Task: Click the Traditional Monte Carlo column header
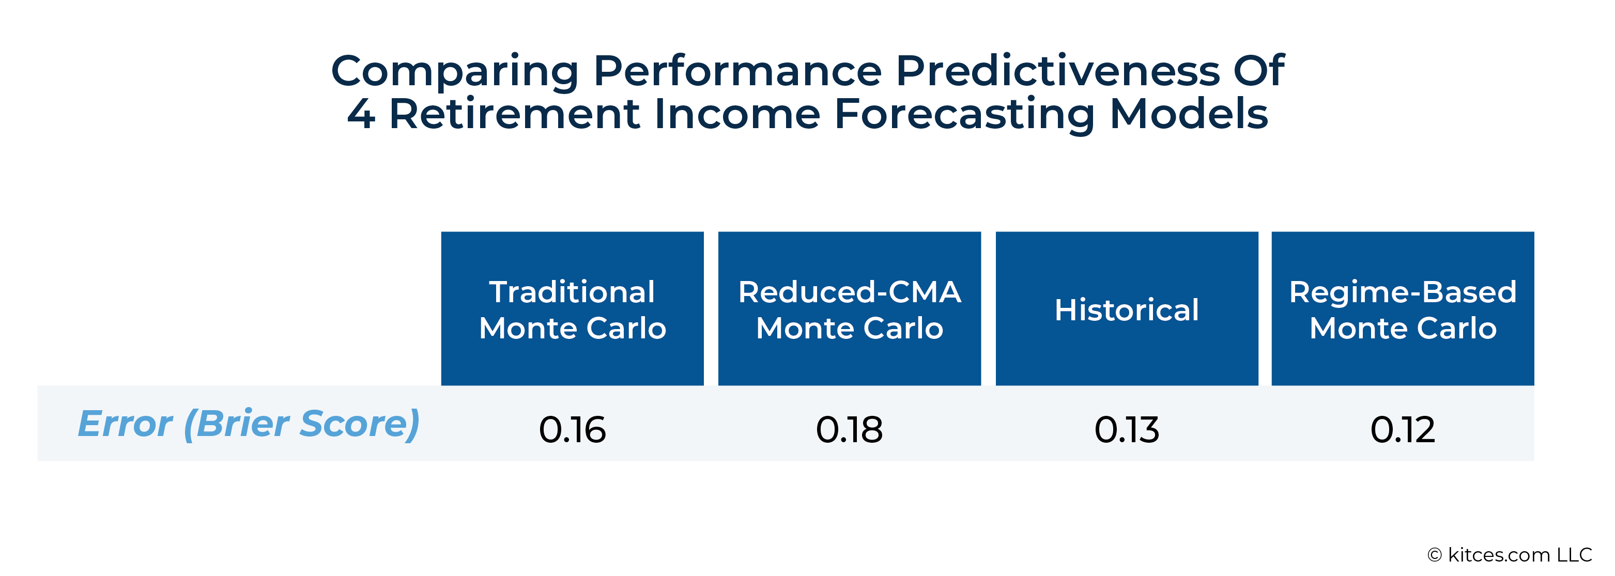click(573, 308)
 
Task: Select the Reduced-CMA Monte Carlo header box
click(850, 308)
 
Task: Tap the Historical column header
click(1127, 308)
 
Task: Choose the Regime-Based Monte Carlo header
click(1403, 308)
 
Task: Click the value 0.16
click(573, 430)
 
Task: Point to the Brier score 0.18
click(850, 430)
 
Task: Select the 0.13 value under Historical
click(1127, 430)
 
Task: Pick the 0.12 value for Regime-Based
click(1403, 430)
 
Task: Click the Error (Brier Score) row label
click(248, 424)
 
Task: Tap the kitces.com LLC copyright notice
click(1510, 555)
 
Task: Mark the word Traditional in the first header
click(572, 291)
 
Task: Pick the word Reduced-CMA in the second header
click(850, 291)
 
